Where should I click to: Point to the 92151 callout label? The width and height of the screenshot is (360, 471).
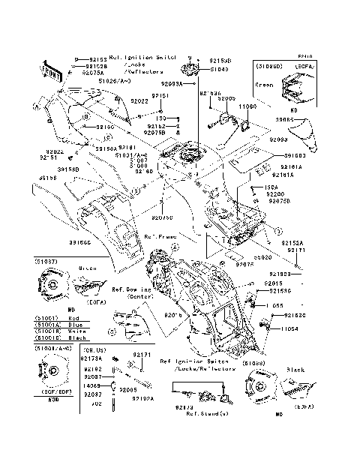tap(160, 96)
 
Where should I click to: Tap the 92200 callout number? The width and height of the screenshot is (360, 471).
tap(277, 193)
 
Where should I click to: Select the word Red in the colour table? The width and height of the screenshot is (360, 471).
tap(73, 318)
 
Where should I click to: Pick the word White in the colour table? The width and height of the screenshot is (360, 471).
tap(75, 331)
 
